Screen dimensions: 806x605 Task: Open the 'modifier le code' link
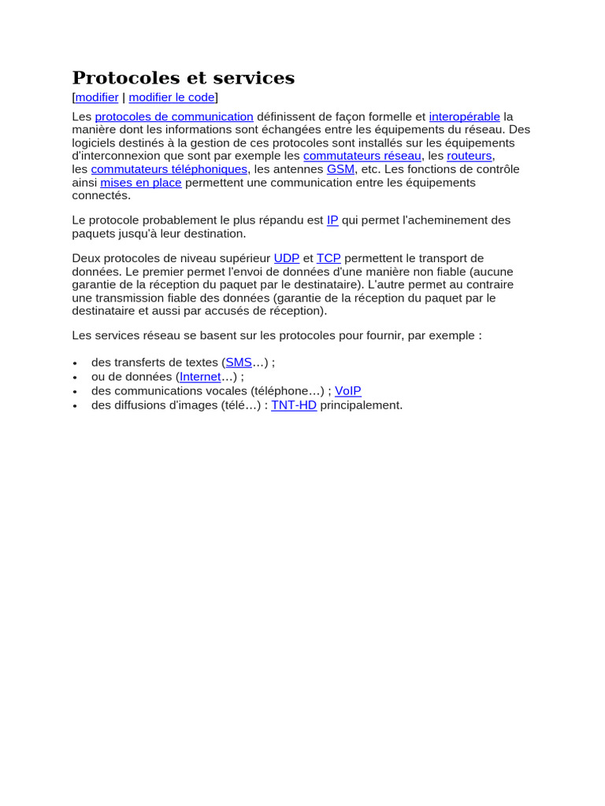coord(172,98)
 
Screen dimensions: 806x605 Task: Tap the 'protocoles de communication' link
coord(174,116)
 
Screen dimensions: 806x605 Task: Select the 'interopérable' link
coord(465,116)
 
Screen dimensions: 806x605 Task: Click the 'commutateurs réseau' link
coord(362,156)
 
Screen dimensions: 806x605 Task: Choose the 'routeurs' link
coord(470,156)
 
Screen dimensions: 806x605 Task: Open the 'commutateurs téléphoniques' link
coord(169,169)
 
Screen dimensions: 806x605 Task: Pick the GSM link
coord(341,169)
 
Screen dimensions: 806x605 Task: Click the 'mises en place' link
coord(141,183)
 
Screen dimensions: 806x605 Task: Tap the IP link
coord(332,220)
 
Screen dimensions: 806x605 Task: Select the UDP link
coord(287,258)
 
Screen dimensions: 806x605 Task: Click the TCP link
coord(328,258)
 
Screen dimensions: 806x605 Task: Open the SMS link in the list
coord(239,363)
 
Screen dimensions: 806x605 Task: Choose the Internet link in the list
coord(201,377)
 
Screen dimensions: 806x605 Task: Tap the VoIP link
coord(348,390)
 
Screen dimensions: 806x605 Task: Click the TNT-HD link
coord(294,405)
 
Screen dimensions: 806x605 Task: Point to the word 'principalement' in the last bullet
coord(361,405)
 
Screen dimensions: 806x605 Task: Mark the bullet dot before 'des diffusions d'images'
coord(75,406)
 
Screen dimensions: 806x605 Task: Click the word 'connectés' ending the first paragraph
coord(101,195)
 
